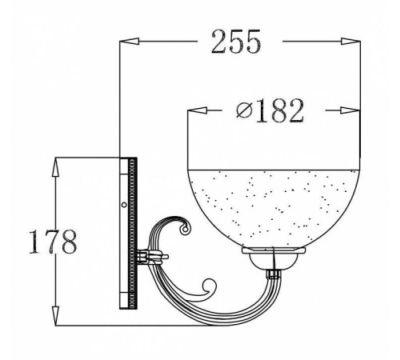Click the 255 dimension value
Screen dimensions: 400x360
tap(235, 42)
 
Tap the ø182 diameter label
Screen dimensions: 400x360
tap(270, 110)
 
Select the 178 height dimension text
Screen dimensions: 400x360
tap(53, 242)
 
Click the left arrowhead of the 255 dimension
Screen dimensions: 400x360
tap(130, 42)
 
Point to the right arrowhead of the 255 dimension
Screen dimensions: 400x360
tap(350, 42)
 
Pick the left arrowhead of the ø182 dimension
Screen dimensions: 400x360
tap(198, 110)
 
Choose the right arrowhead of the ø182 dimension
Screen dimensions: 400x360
tap(350, 110)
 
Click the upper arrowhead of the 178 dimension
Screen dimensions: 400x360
tap(55, 167)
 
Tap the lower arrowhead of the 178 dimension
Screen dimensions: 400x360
tap(55, 316)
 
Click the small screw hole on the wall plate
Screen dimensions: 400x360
tap(124, 205)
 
